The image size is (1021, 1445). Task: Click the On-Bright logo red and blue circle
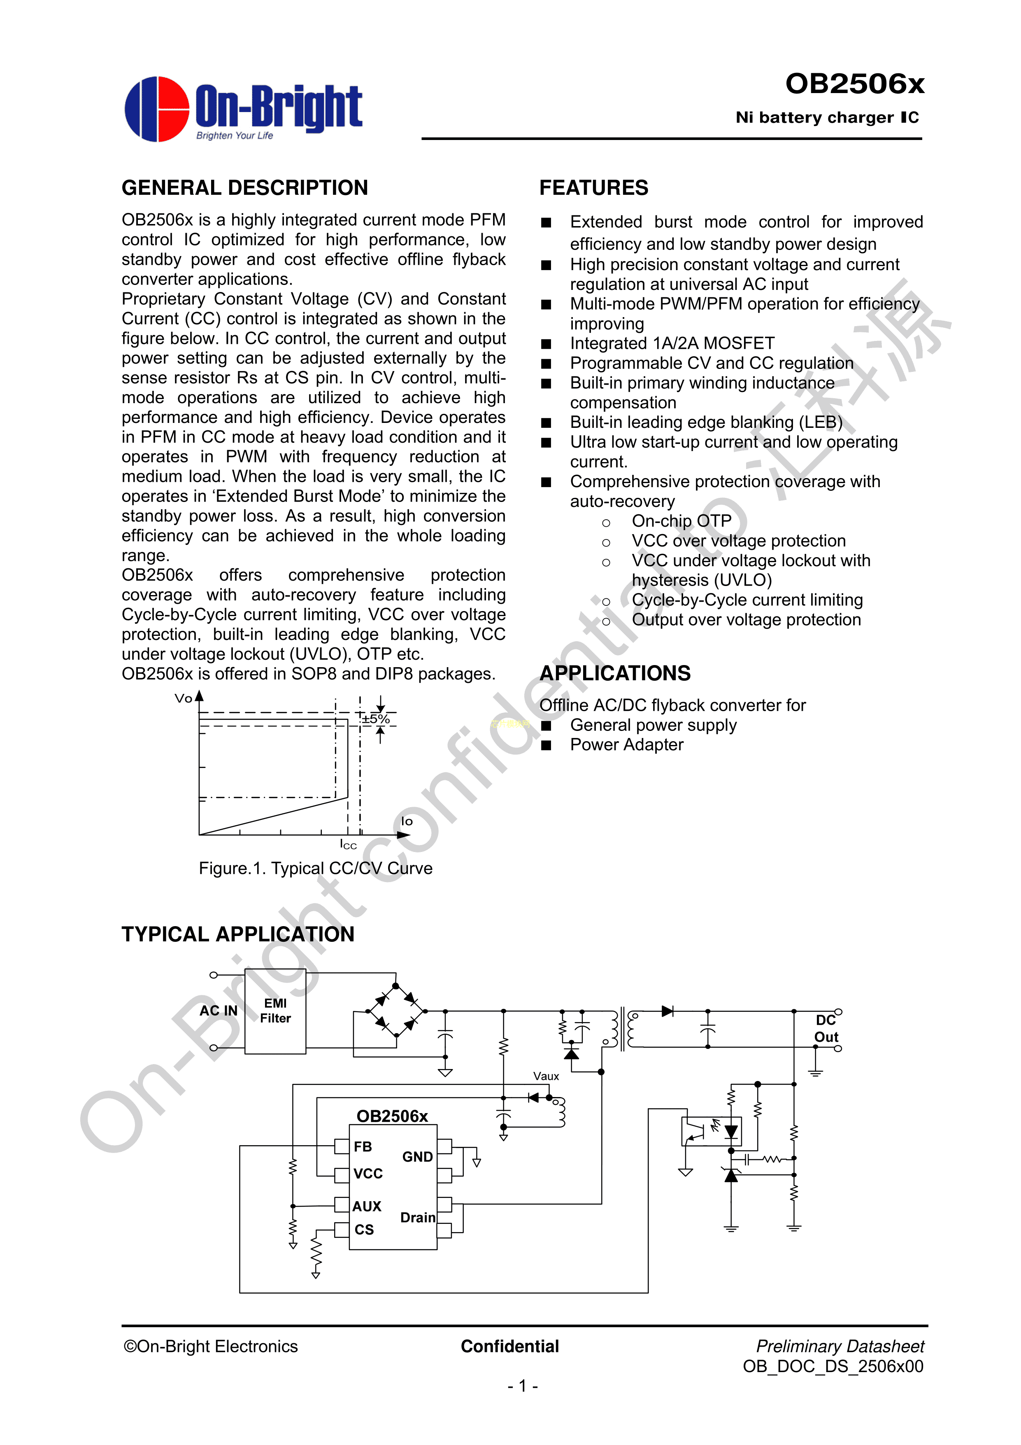coord(157,109)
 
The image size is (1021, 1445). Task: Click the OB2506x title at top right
coord(854,84)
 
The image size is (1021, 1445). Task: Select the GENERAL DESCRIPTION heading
coord(245,187)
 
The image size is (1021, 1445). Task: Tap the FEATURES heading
coord(593,187)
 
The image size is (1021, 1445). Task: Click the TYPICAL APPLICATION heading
coord(238,934)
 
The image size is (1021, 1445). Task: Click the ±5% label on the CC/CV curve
coord(376,719)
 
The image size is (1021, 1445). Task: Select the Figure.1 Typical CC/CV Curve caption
coord(315,868)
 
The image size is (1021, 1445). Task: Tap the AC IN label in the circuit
coord(218,1011)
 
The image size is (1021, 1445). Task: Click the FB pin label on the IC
coord(363,1147)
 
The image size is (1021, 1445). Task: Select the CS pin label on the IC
coord(364,1230)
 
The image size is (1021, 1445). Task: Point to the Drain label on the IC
coord(418,1218)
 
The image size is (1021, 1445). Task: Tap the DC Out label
coord(826,1028)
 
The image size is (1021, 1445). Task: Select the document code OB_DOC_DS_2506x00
coord(833,1366)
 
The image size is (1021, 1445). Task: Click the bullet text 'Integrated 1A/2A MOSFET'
coord(672,343)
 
